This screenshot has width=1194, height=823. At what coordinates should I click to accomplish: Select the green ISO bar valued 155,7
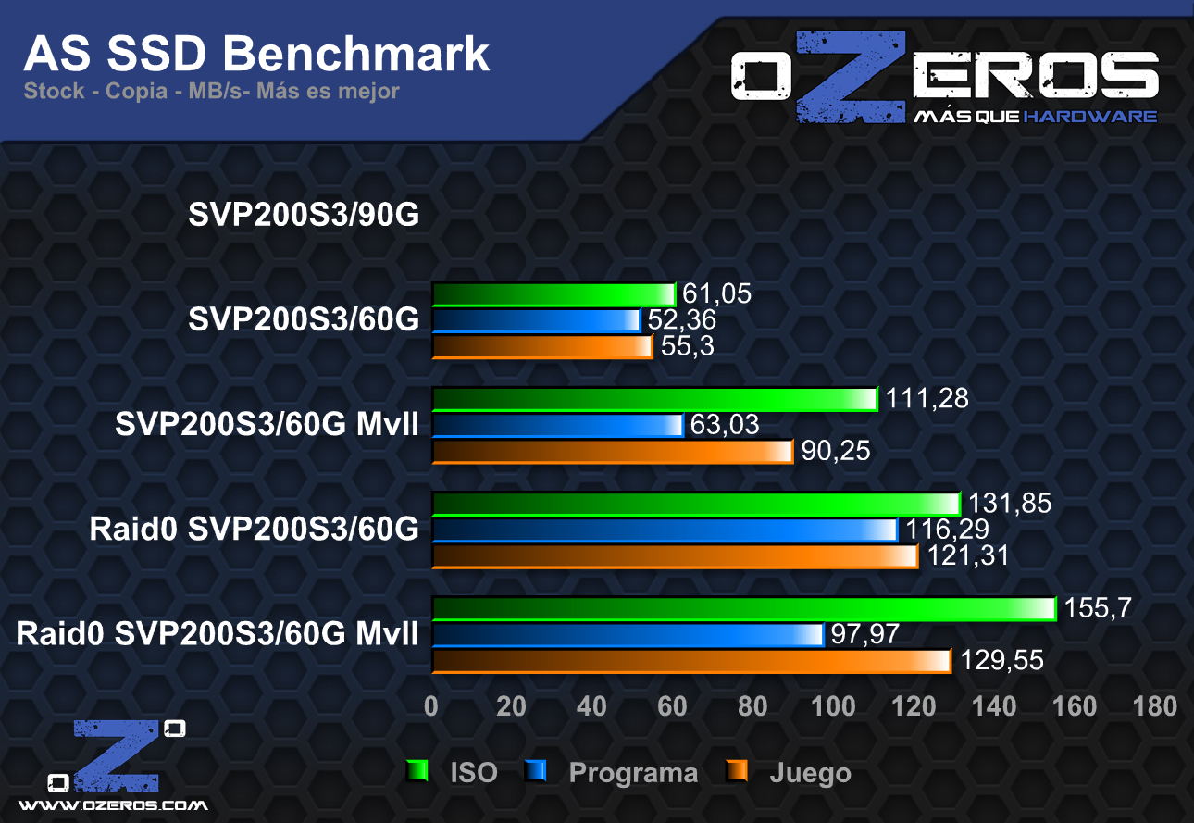pos(743,608)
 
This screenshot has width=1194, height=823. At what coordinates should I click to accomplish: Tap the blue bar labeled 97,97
pos(628,635)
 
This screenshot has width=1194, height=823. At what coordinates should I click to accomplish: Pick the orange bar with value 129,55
pos(691,661)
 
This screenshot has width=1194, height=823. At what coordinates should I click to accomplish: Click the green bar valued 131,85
pos(696,504)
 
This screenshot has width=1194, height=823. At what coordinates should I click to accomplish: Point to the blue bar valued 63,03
pos(557,425)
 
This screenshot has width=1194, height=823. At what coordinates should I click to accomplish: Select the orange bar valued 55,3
pos(542,347)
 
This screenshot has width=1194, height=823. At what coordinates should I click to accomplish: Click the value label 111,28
pos(927,399)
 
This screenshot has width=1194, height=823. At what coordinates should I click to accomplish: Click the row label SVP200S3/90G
pos(305,215)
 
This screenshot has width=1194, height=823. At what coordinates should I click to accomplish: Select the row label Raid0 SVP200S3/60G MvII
pos(218,635)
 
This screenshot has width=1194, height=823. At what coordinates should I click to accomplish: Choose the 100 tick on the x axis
pos(833,706)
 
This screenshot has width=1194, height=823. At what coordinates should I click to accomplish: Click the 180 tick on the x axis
pos(1155,706)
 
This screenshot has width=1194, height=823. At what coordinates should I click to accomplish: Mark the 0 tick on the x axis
pos(431,706)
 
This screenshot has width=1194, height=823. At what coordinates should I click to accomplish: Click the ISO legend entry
pos(473,772)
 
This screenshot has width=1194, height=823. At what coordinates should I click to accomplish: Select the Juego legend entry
pos(810,772)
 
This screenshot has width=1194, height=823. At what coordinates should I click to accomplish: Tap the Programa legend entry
pos(633,772)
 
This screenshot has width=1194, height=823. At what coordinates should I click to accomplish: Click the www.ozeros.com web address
pos(113,804)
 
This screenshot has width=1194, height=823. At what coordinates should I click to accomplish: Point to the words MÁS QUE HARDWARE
pos(1035,117)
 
